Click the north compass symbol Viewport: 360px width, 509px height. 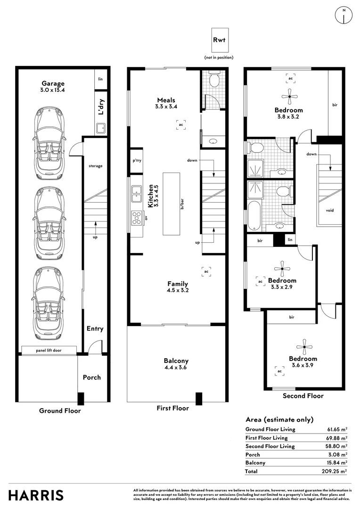344,15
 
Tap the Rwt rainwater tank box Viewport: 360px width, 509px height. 219,40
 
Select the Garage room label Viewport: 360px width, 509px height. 53,83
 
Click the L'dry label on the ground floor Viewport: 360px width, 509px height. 101,107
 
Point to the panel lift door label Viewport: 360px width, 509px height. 49,350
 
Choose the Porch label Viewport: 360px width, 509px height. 92,377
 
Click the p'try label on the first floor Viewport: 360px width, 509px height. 137,160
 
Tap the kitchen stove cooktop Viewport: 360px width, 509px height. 137,217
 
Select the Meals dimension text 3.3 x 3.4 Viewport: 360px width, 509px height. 166,107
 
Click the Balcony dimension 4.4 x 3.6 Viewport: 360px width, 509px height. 176,368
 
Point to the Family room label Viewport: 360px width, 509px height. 178,284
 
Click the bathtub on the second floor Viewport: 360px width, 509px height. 254,216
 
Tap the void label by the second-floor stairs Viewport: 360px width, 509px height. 330,210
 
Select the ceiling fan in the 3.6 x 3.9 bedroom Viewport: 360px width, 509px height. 304,347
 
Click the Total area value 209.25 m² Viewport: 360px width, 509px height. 335,471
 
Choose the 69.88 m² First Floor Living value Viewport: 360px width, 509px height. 336,438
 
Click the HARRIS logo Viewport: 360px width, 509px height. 36,496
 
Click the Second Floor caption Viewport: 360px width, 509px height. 303,396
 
